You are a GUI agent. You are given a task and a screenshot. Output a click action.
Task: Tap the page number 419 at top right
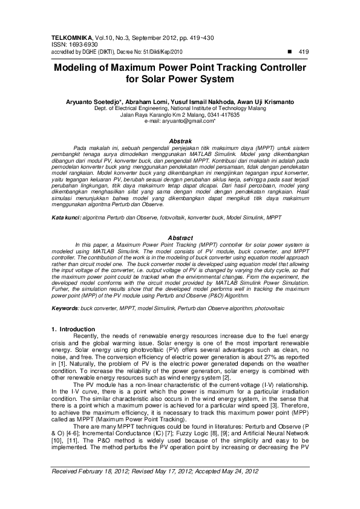(x=303, y=53)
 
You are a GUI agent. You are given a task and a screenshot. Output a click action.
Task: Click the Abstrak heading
(x=180, y=140)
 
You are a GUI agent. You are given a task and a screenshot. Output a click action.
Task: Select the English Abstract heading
(x=180, y=238)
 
